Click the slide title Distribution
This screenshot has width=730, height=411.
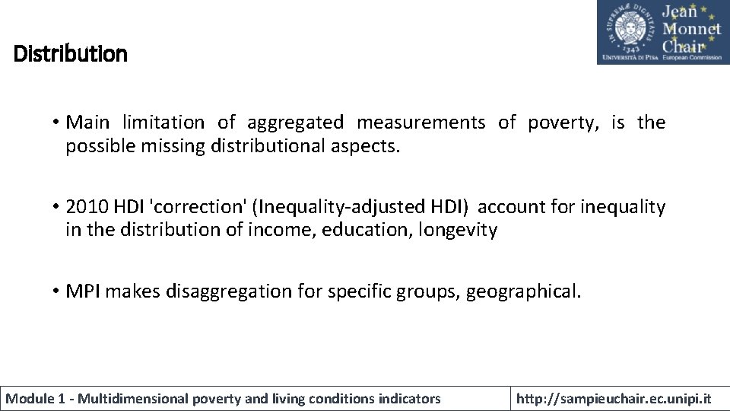click(71, 54)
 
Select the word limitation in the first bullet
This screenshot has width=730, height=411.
click(163, 122)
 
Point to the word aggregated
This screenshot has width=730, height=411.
click(296, 122)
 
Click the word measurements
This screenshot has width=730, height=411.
click(421, 122)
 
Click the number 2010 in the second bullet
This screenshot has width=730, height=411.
click(88, 207)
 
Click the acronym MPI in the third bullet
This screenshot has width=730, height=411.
click(84, 291)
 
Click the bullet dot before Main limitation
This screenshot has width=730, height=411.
click(56, 123)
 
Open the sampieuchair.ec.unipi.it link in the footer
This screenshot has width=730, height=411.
click(614, 398)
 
